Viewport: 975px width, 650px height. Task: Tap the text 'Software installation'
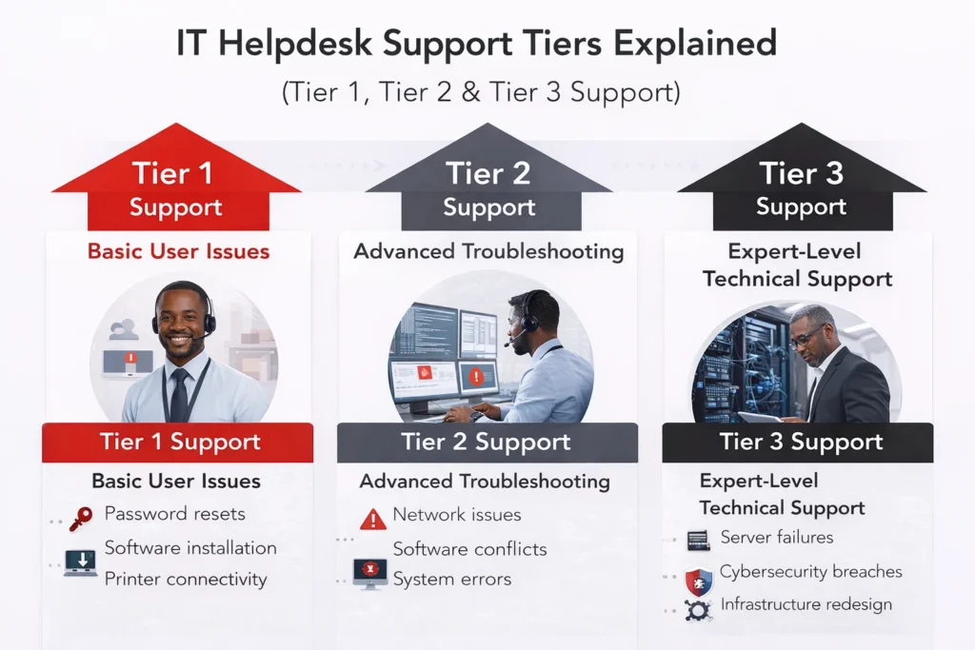(x=190, y=548)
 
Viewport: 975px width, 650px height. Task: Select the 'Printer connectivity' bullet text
(x=186, y=579)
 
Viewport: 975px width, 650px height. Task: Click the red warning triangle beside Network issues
(x=373, y=519)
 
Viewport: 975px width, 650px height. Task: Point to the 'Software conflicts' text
(x=469, y=549)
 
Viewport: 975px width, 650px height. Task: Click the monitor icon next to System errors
(x=369, y=573)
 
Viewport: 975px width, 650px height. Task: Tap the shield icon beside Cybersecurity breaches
(x=699, y=578)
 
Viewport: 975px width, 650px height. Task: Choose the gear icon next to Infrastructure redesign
(x=698, y=609)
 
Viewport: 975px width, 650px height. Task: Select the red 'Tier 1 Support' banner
(x=178, y=443)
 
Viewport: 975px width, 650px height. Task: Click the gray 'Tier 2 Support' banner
(x=487, y=443)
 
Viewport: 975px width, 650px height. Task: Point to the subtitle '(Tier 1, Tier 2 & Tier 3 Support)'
(x=487, y=92)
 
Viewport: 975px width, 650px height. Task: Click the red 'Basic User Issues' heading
(x=178, y=252)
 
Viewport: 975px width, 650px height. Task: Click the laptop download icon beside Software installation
(x=80, y=562)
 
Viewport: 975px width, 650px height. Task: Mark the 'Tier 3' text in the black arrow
(x=801, y=174)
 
